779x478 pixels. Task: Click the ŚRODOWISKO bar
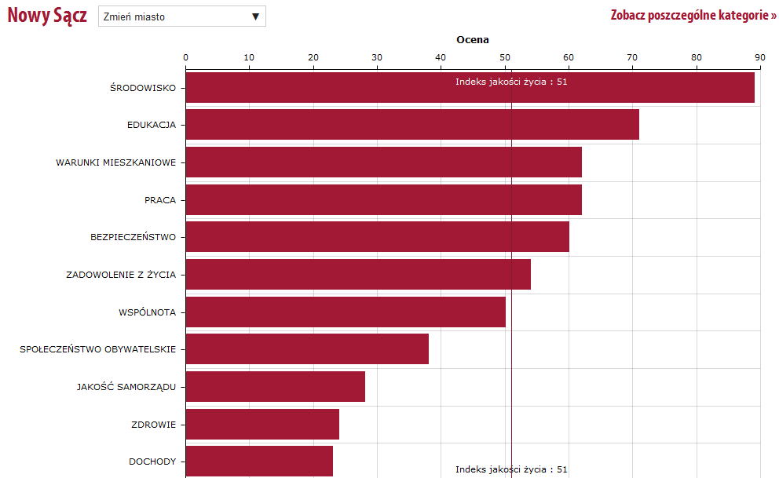click(x=470, y=87)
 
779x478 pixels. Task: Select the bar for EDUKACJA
click(x=412, y=124)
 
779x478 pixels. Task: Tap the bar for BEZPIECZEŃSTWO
click(x=377, y=236)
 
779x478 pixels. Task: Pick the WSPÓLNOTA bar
click(x=346, y=312)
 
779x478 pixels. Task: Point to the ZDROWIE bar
click(x=262, y=425)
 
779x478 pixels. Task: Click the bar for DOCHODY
click(x=259, y=462)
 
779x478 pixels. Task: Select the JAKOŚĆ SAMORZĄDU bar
click(x=275, y=387)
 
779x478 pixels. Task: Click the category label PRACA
click(x=160, y=200)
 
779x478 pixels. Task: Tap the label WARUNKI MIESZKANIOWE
click(x=115, y=162)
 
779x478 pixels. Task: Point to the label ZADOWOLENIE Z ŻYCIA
click(x=121, y=275)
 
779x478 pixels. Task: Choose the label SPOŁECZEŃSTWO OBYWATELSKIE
click(x=97, y=349)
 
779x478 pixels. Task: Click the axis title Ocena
click(x=473, y=40)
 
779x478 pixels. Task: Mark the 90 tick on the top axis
click(x=759, y=57)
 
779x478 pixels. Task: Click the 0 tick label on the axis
click(x=185, y=57)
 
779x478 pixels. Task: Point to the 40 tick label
click(x=441, y=57)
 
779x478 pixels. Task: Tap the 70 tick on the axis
click(x=632, y=57)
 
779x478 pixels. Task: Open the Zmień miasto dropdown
click(x=182, y=16)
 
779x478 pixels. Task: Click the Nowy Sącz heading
click(x=47, y=16)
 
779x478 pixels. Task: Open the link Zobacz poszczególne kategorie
click(x=693, y=16)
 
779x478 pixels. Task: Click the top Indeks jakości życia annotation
click(x=511, y=81)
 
